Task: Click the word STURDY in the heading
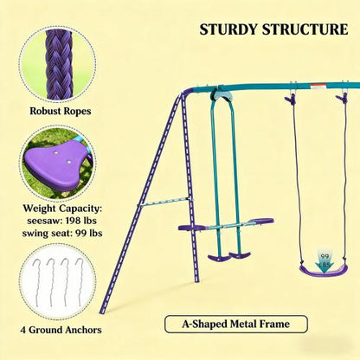229,29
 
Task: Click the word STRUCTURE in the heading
305,29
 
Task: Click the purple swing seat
323,270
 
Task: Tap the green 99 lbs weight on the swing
324,257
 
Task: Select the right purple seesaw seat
258,222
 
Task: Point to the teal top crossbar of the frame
260,84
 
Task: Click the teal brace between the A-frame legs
164,202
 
